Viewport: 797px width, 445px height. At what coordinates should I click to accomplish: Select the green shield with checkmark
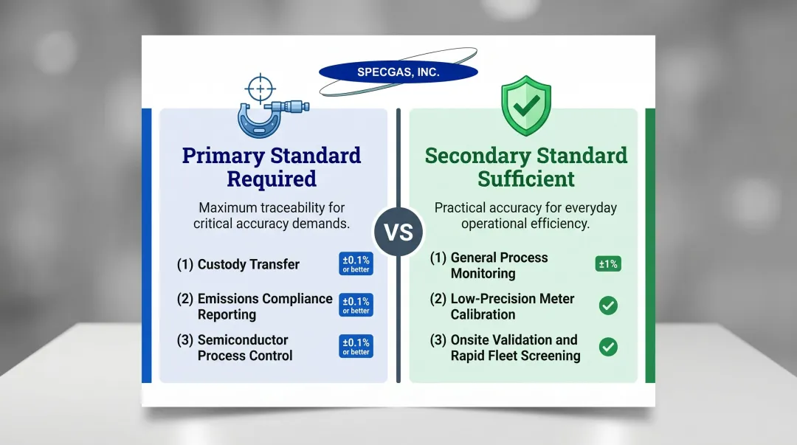[525, 106]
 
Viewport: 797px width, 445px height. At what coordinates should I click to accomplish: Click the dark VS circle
[398, 231]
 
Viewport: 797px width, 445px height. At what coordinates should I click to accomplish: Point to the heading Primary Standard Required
[272, 167]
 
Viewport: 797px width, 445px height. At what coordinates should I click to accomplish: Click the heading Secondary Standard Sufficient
[525, 167]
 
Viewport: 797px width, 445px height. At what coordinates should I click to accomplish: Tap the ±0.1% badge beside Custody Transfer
[356, 264]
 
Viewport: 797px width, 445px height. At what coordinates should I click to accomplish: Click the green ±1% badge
[608, 264]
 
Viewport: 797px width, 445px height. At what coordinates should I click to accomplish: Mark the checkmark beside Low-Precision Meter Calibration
[608, 306]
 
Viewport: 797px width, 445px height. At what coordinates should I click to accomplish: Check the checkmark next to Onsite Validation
[608, 347]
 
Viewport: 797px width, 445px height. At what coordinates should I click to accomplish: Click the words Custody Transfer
[248, 264]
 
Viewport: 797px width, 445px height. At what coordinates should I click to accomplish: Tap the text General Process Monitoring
[499, 266]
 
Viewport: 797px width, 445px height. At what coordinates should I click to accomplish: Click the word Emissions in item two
[230, 299]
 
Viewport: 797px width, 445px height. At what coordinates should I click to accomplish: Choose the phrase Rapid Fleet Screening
[515, 356]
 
